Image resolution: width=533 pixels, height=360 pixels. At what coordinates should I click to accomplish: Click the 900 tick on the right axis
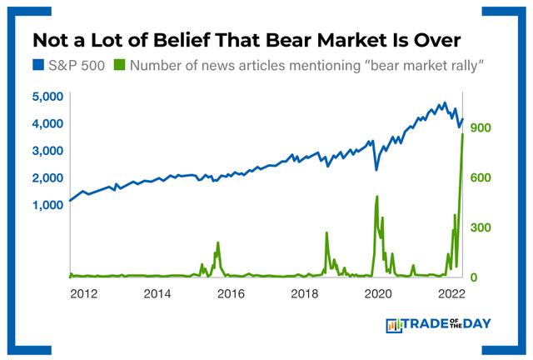point(482,127)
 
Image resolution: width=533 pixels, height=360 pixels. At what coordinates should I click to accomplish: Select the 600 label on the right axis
point(482,177)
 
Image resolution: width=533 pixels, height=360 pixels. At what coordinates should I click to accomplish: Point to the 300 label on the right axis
point(482,227)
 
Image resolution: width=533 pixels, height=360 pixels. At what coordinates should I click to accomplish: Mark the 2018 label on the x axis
point(304,294)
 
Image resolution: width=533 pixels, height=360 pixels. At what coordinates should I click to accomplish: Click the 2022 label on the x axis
point(451,294)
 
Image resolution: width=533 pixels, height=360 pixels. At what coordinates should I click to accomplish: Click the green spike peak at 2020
point(377,197)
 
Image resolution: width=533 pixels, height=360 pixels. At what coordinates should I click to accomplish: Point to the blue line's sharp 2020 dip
point(376,170)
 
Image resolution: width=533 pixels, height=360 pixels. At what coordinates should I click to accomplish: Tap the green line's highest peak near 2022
point(463,134)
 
